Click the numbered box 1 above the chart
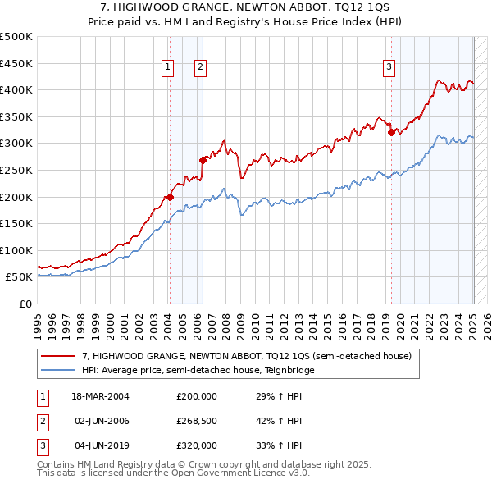(x=168, y=68)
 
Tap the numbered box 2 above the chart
(x=200, y=68)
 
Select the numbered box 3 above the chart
(x=389, y=68)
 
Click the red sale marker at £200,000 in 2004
(x=170, y=196)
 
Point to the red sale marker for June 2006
(x=203, y=160)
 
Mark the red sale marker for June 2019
(x=391, y=132)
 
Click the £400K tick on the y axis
(x=16, y=89)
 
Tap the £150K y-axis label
(x=16, y=223)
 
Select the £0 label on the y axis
(x=25, y=304)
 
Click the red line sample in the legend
(x=59, y=356)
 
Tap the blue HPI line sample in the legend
(x=59, y=370)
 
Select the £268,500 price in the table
(x=197, y=421)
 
